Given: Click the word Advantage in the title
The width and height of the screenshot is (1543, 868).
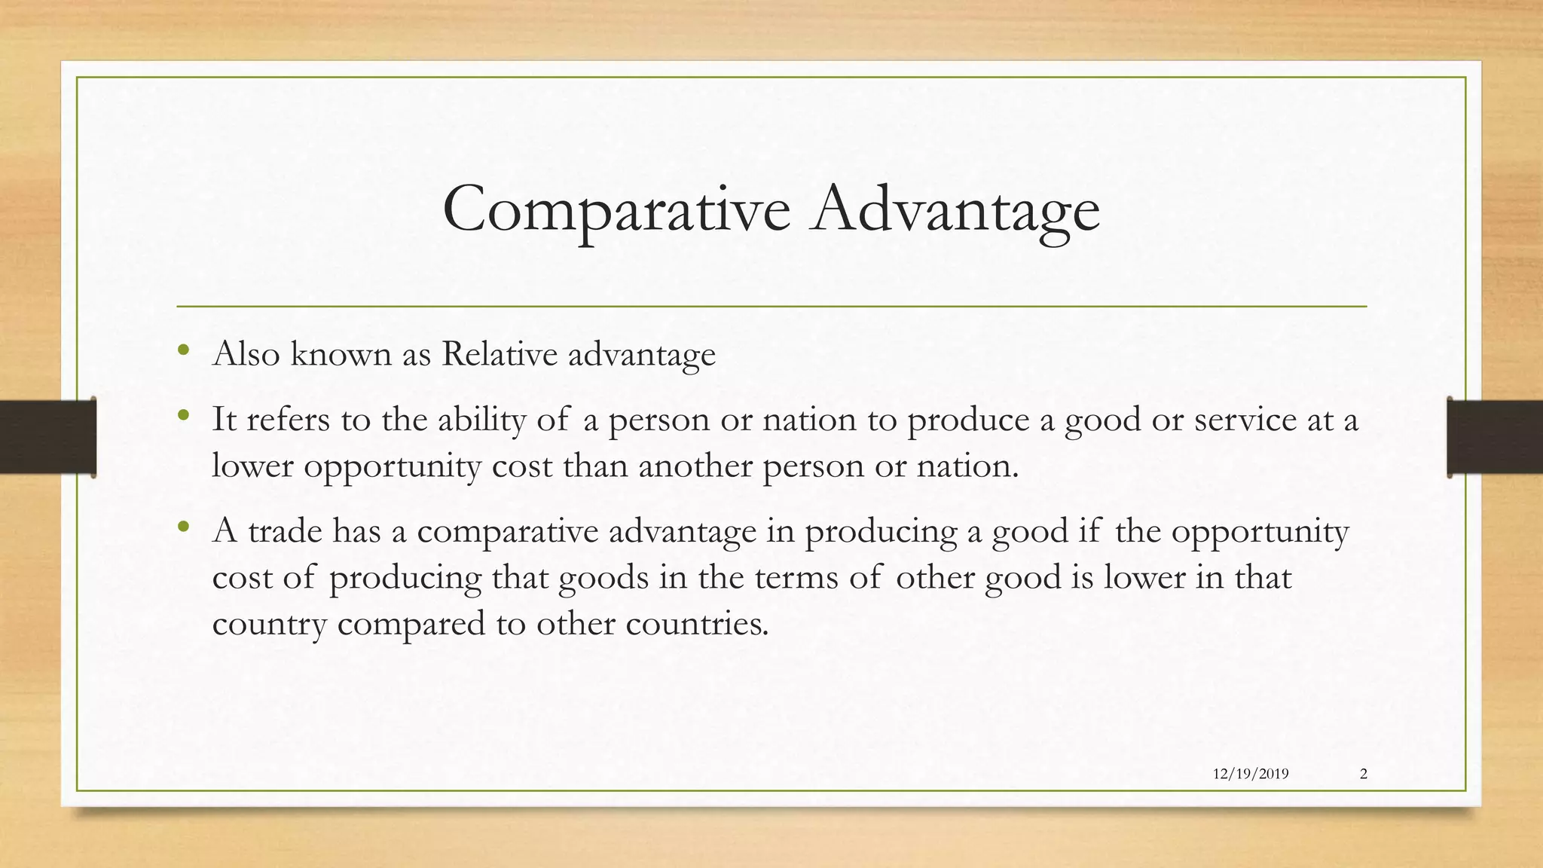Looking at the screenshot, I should [955, 209].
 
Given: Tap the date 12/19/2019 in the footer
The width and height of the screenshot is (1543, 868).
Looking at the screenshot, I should [1251, 774].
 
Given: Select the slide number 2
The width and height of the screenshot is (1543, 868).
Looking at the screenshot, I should [1364, 774].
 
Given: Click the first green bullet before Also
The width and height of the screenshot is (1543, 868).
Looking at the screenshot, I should [183, 350].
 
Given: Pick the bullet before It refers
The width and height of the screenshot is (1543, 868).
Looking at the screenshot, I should [183, 415].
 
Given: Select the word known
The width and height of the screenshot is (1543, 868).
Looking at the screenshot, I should [341, 353].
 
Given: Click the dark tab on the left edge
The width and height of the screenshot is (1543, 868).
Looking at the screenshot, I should [47, 437].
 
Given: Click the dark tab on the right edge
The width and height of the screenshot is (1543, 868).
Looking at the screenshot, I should [1495, 437].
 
